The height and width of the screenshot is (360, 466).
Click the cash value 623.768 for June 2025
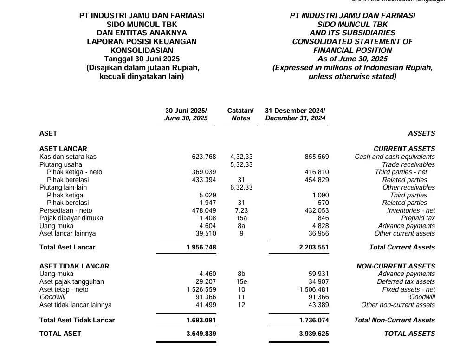click(204, 157)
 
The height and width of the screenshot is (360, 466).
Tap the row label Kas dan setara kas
click(68, 157)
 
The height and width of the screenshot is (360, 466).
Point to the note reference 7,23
click(241, 210)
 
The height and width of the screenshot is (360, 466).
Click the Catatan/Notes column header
click(240, 114)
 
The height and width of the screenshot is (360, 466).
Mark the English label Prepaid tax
click(418, 218)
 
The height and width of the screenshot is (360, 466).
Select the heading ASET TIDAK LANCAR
click(74, 266)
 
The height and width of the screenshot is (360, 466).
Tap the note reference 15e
click(241, 281)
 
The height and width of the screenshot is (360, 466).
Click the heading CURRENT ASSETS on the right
click(404, 149)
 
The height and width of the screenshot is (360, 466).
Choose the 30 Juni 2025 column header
click(186, 114)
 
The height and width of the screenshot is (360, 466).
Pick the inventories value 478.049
click(204, 210)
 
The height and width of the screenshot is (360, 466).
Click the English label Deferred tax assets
click(406, 281)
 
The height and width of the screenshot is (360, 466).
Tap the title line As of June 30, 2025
click(352, 59)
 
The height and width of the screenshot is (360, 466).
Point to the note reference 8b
click(241, 274)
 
